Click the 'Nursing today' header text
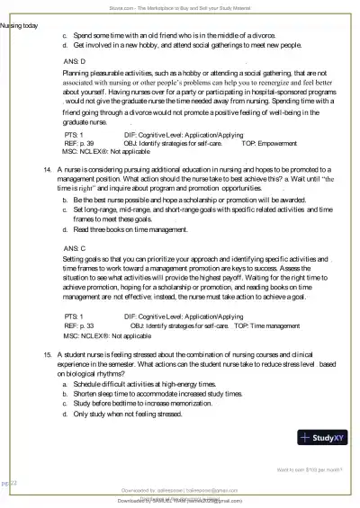[19, 25]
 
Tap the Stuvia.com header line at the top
[180, 5]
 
